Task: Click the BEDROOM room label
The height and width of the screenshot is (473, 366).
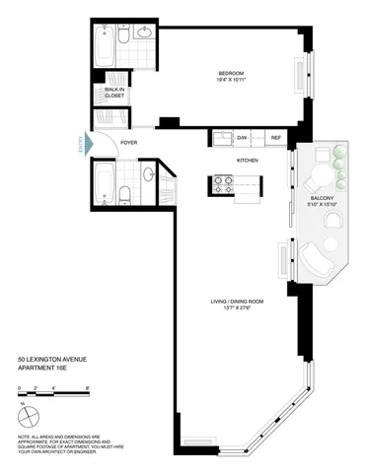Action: click(232, 74)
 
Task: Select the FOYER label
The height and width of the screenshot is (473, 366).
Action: click(128, 144)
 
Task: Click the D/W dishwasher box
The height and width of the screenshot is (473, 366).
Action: click(241, 138)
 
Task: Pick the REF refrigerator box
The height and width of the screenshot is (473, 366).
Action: click(276, 138)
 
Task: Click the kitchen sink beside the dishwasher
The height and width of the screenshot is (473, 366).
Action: click(219, 138)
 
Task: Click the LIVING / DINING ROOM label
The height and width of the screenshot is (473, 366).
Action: click(232, 303)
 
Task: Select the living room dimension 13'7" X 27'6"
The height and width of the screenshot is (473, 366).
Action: click(232, 310)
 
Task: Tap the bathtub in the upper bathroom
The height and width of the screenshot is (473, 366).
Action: click(107, 40)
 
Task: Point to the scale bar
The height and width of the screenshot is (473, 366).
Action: click(53, 397)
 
